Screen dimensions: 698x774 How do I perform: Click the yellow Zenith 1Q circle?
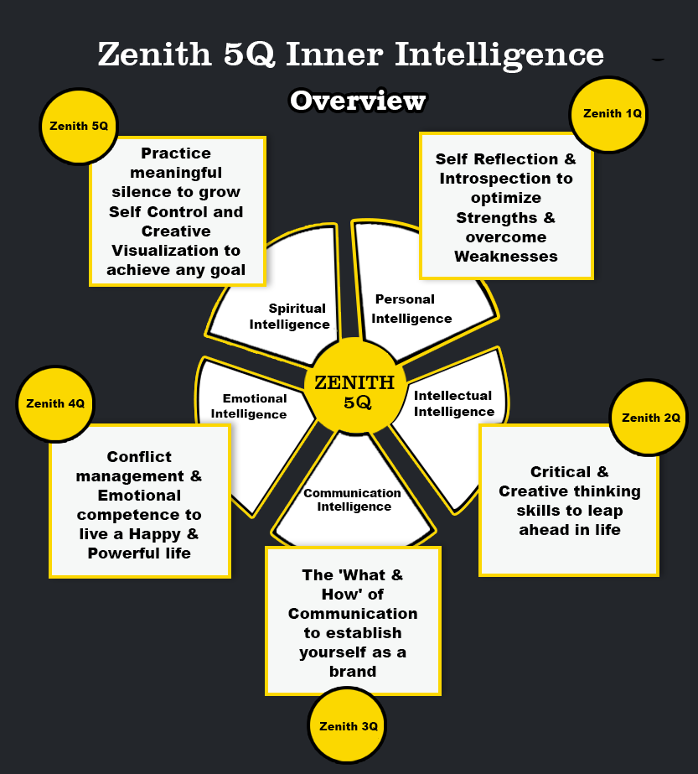point(610,114)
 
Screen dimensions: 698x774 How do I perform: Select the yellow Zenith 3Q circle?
point(348,726)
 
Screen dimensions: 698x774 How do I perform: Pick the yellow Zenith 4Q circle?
point(55,403)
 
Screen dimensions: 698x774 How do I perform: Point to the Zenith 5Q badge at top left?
point(78,127)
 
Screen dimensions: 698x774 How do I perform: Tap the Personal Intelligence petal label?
point(411,309)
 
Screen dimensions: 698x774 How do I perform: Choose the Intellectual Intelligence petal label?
point(454,403)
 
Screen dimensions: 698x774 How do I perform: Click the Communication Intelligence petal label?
point(353,500)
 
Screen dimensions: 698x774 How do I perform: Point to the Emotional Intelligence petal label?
point(249,406)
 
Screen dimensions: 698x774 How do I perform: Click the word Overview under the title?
point(358,101)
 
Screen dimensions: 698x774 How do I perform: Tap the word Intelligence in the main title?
point(499,55)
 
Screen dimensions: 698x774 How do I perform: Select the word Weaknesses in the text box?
point(506,257)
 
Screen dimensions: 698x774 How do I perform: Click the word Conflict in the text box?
point(139,457)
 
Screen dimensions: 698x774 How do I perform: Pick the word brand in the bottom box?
point(353,671)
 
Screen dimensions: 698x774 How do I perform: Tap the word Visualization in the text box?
point(176,251)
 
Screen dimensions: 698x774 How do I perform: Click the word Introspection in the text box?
point(506,179)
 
